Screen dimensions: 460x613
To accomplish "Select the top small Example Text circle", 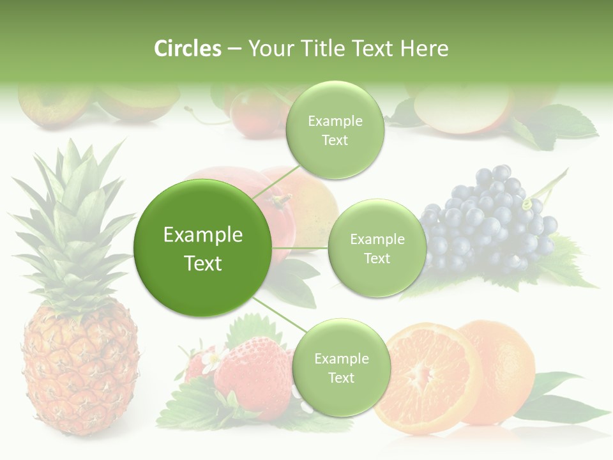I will [335, 130].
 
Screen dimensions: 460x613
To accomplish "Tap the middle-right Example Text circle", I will [377, 248].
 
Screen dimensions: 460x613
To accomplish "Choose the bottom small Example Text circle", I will [340, 367].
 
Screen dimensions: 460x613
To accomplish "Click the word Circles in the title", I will [187, 49].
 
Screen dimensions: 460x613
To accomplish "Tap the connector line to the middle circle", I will [300, 248].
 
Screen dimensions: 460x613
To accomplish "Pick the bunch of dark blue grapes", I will [488, 220].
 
